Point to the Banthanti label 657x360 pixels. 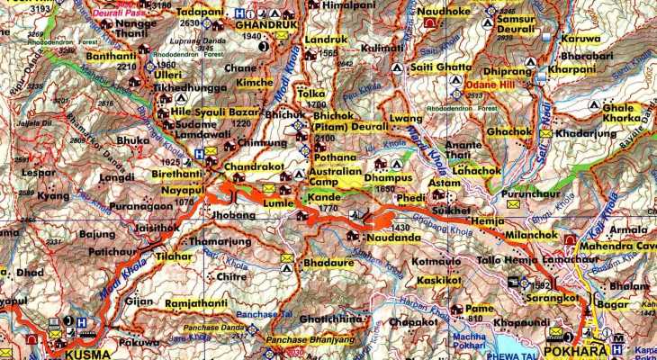[111, 55]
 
